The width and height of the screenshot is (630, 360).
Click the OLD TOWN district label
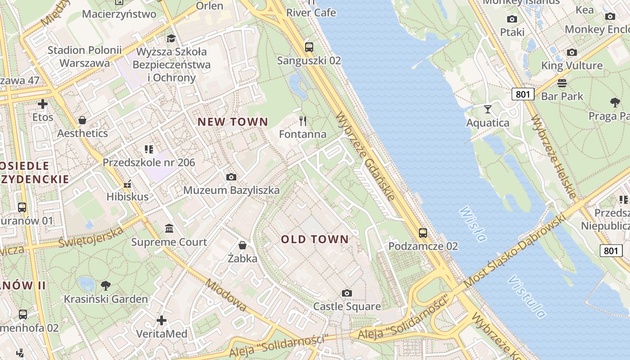315,239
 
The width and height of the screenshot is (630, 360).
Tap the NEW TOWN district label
233,122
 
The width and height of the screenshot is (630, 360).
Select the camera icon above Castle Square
346,293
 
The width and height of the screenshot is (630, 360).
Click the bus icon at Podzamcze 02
423,233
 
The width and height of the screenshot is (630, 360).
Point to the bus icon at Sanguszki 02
309,47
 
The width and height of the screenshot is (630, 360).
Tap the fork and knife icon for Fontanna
303,121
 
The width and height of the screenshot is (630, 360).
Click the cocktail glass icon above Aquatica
488,109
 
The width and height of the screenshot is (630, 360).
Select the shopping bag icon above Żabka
243,245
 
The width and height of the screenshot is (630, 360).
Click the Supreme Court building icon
169,229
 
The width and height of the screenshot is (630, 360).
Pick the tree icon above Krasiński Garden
106,285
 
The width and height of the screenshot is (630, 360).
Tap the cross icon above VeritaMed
162,320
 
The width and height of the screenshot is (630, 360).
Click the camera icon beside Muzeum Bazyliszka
231,177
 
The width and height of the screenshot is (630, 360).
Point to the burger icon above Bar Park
562,83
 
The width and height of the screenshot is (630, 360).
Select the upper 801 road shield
523,94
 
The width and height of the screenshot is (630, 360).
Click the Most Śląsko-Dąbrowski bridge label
514,251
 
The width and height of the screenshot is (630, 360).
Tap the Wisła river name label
473,224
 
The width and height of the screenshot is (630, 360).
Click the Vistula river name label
527,297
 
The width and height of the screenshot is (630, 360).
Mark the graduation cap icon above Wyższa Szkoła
171,38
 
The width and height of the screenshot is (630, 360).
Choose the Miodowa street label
226,295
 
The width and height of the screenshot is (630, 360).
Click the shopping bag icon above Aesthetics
82,120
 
